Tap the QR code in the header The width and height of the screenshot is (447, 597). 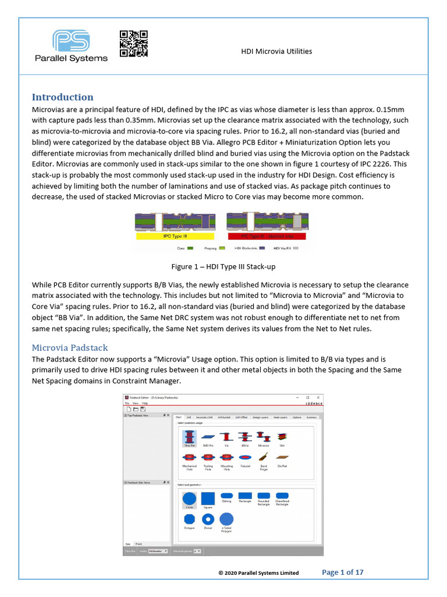pyautogui.click(x=133, y=44)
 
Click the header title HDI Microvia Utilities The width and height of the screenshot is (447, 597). pyautogui.click(x=276, y=51)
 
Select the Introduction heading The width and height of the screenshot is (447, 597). pyautogui.click(x=62, y=97)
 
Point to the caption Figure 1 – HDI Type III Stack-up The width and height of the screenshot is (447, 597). pyautogui.click(x=223, y=266)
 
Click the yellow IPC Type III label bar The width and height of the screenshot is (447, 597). pyautogui.click(x=175, y=237)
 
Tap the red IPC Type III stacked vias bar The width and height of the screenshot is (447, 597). pyautogui.click(x=267, y=237)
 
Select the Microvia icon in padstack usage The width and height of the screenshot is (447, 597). pyautogui.click(x=264, y=437)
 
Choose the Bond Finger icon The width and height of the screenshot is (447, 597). pyautogui.click(x=264, y=458)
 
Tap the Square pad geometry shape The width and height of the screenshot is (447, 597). pyautogui.click(x=208, y=498)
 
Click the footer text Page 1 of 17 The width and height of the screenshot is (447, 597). pyautogui.click(x=343, y=572)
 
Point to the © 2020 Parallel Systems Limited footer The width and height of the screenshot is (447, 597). pyautogui.click(x=258, y=573)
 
